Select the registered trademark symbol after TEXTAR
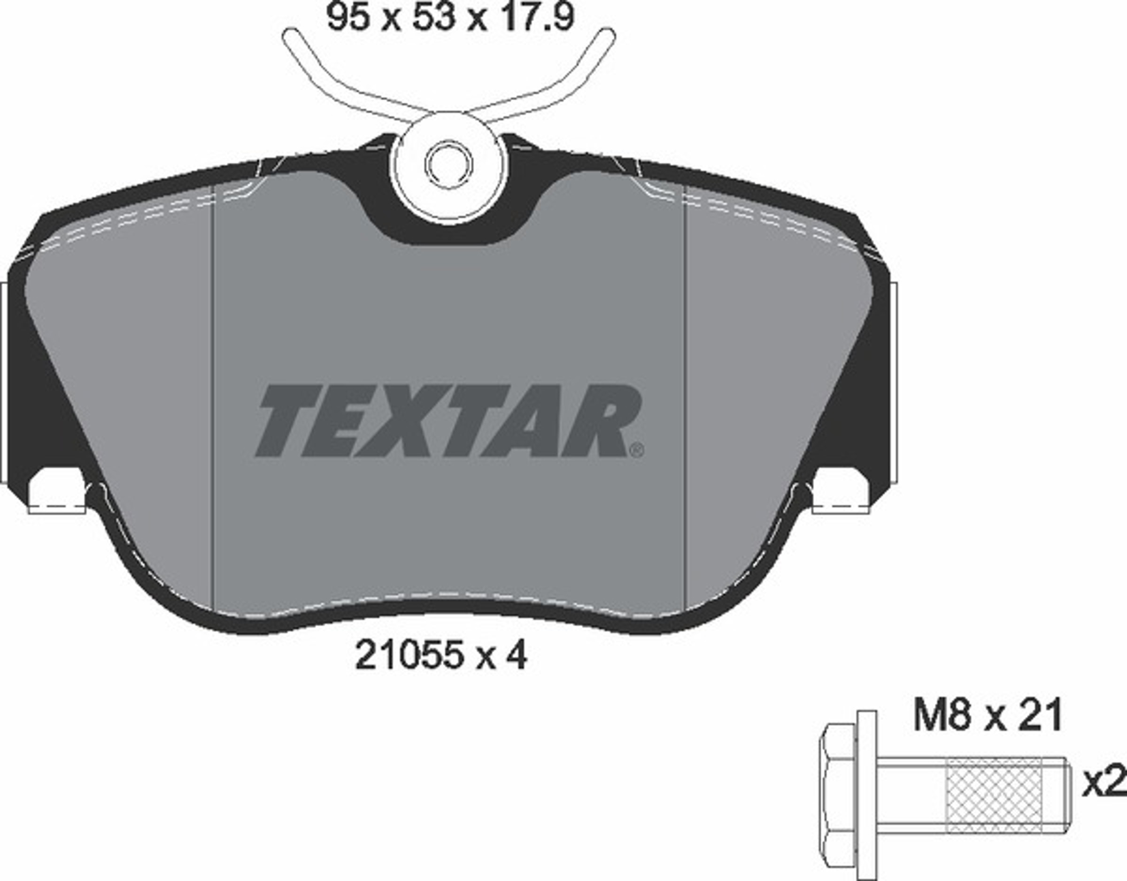636,450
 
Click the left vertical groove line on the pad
213,392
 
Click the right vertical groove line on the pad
684,392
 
